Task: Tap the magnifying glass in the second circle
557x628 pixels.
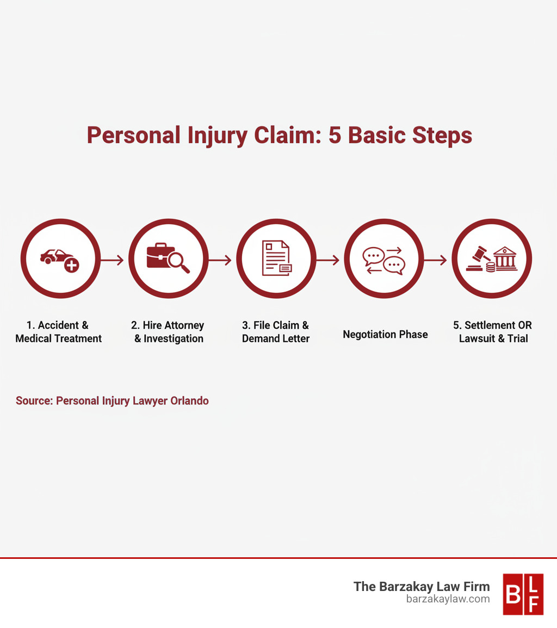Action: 178,263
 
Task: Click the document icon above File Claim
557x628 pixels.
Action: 276,258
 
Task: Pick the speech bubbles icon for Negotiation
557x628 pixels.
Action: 384,260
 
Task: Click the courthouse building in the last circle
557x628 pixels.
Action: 504,257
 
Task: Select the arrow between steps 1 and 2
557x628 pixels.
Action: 113,261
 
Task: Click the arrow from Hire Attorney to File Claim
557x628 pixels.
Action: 220,261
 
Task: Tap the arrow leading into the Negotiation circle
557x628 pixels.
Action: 328,261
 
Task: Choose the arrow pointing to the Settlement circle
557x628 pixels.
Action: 436,261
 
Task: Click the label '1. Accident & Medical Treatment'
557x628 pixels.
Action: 58,332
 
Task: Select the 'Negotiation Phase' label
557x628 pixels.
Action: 385,335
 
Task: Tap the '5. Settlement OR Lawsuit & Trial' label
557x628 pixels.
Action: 493,332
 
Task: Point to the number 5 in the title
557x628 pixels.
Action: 335,135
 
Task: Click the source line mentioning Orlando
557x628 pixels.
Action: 112,401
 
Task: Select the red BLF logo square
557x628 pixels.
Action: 523,594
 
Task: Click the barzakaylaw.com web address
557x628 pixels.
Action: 448,599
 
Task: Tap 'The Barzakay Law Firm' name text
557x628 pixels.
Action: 422,586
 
